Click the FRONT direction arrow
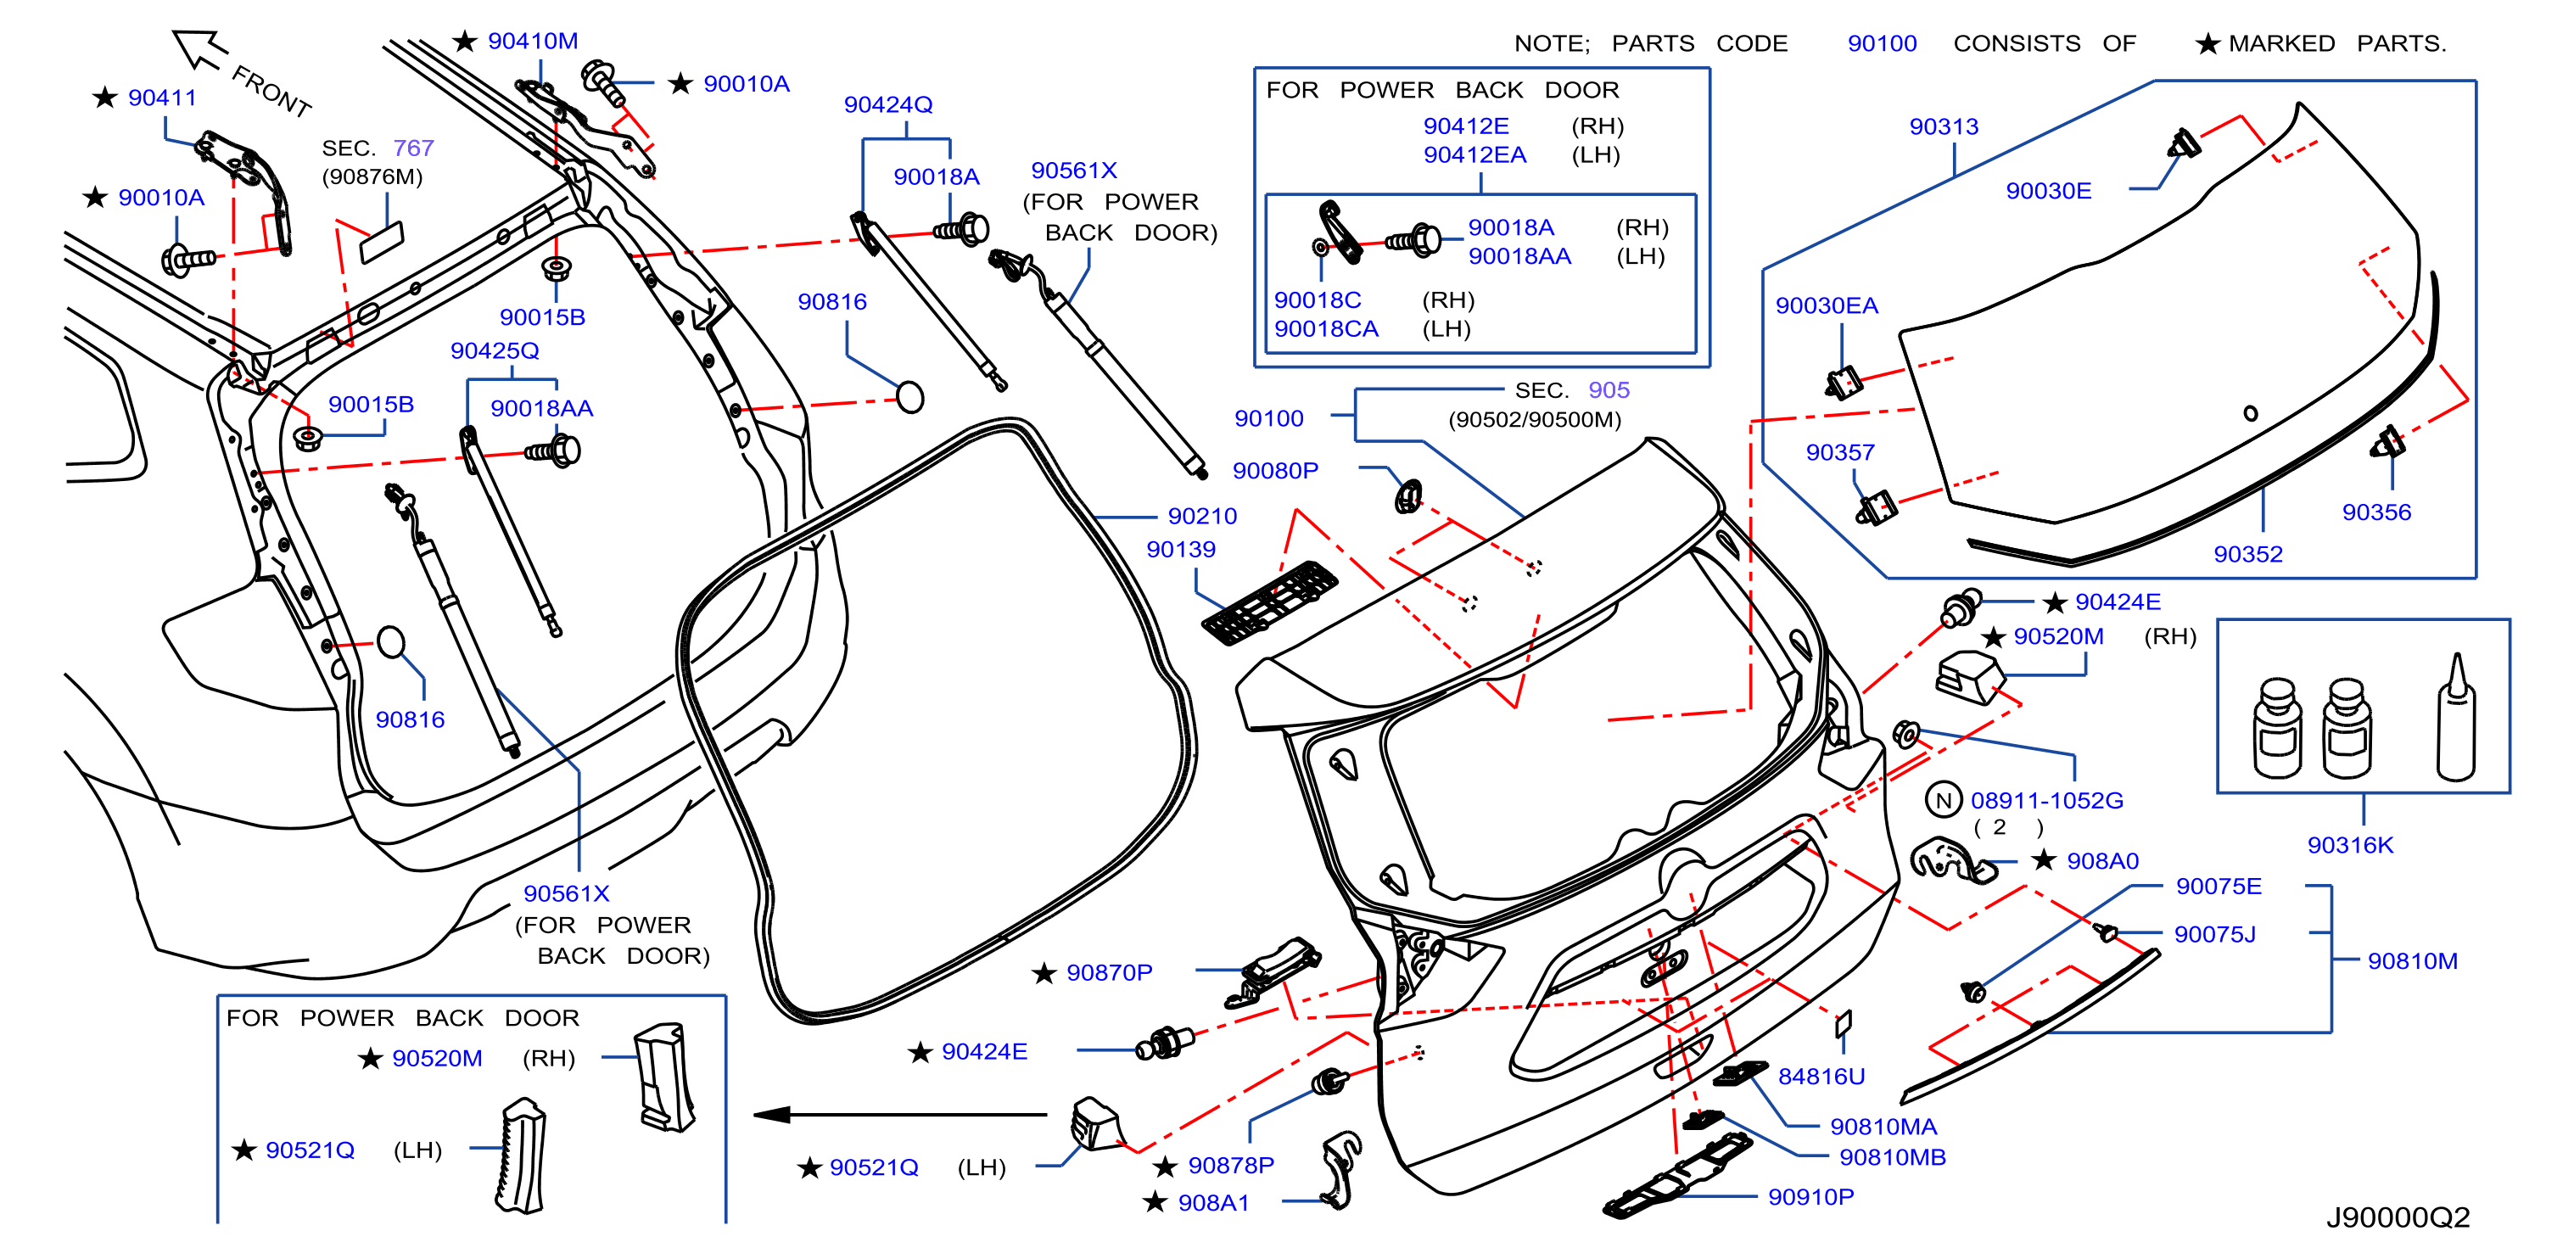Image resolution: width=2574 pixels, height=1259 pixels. coord(200,49)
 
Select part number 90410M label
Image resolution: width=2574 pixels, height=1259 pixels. coord(533,41)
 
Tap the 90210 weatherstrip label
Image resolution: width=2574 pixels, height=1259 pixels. coord(1202,516)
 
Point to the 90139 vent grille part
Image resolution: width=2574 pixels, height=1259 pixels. coord(1269,602)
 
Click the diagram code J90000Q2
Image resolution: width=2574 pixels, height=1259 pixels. coord(2398,1217)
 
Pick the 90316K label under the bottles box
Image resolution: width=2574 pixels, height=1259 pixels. coord(2350,844)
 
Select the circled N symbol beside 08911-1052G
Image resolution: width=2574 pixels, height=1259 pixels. coord(1944,799)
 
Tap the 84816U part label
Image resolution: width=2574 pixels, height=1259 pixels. coord(1821,1076)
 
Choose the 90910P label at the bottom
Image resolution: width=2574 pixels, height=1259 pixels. coord(1810,1196)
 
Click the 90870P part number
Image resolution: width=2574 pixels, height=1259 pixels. coord(1109,972)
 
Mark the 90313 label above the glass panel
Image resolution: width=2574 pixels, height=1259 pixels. coord(1944,127)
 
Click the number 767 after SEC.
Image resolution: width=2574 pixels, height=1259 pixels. coord(412,148)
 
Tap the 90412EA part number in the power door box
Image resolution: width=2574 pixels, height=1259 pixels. coord(1474,155)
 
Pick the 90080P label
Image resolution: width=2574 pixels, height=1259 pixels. coord(1275,470)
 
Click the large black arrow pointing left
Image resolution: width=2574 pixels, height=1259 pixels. coord(900,1114)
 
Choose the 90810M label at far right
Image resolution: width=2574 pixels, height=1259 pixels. coord(2412,960)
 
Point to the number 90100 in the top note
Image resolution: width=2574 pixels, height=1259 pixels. coord(1882,43)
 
